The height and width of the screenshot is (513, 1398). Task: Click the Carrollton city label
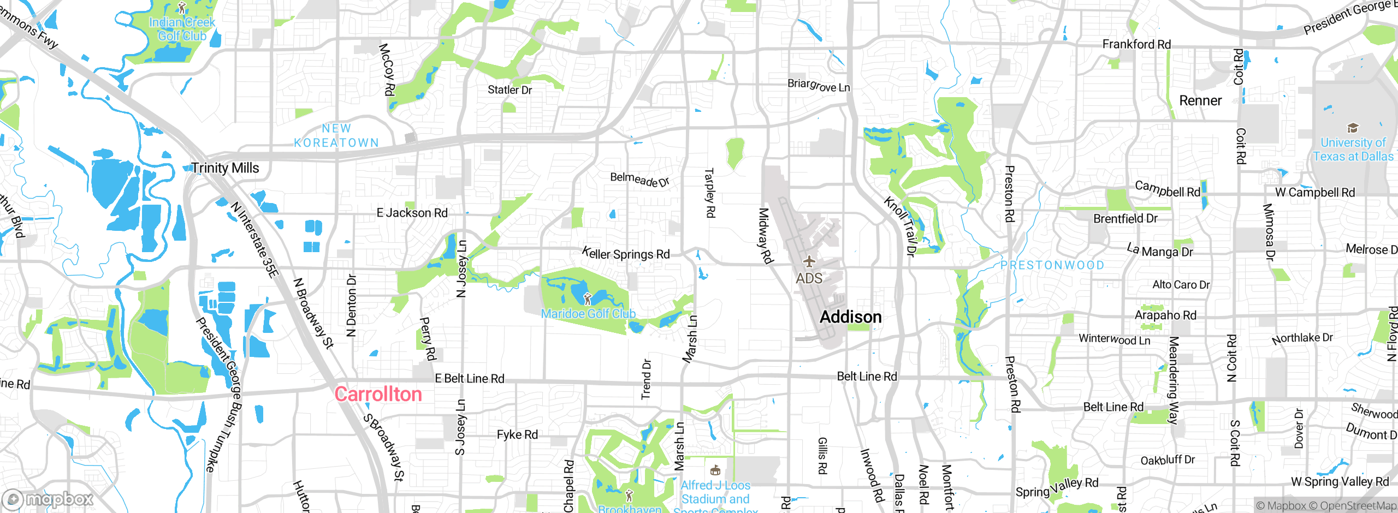point(378,394)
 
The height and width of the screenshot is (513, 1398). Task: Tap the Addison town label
point(850,317)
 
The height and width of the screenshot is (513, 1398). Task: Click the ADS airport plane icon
point(809,262)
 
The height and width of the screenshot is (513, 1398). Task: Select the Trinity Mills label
point(225,168)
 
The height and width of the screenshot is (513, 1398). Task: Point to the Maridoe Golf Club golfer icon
point(588,299)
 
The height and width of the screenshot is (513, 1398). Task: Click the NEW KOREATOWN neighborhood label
point(336,135)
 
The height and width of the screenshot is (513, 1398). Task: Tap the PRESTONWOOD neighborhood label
point(1052,265)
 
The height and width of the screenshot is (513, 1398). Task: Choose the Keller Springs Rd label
point(626,254)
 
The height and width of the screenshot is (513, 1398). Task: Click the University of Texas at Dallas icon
point(1353,128)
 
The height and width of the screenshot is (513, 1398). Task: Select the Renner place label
point(1200,101)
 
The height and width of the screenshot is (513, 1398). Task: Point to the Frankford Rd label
point(1136,44)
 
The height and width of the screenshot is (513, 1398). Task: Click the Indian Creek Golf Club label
point(182,29)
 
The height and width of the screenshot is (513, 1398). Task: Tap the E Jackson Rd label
point(412,213)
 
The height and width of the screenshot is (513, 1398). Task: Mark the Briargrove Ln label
point(818,85)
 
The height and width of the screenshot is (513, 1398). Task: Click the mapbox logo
point(48,499)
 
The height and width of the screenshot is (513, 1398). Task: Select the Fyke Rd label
point(517,435)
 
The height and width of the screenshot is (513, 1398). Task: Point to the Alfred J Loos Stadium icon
point(715,470)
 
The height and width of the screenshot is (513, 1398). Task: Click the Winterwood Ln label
point(1114,339)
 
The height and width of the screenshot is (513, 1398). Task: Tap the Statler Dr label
point(510,90)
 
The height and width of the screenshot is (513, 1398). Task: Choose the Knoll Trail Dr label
point(900,226)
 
